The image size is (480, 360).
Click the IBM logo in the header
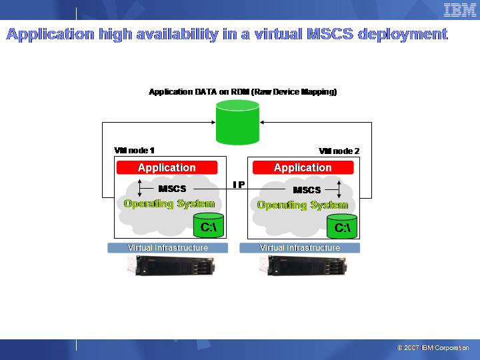pyautogui.click(x=460, y=11)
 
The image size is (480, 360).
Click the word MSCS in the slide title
pyautogui.click(x=330, y=34)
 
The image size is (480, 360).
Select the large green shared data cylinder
pyautogui.click(x=237, y=122)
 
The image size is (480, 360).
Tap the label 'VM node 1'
pyautogui.click(x=134, y=150)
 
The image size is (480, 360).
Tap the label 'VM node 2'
pyautogui.click(x=339, y=151)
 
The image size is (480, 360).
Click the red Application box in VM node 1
pyautogui.click(x=167, y=167)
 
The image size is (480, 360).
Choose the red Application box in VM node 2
pyautogui.click(x=303, y=168)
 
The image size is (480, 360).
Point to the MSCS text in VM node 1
pyautogui.click(x=172, y=189)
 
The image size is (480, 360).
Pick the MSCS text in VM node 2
pyautogui.click(x=307, y=190)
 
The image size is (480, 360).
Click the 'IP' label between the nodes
pyautogui.click(x=239, y=185)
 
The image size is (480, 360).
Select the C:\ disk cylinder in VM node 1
pyautogui.click(x=209, y=225)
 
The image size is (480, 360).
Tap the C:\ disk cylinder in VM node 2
pyautogui.click(x=342, y=226)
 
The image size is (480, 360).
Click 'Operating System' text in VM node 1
pyautogui.click(x=169, y=203)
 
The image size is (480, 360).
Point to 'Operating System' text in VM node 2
pyautogui.click(x=303, y=205)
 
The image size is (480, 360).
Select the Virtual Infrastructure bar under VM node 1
pyautogui.click(x=167, y=247)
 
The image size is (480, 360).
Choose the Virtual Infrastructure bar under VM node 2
pyautogui.click(x=299, y=247)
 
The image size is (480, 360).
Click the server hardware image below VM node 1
pyautogui.click(x=171, y=265)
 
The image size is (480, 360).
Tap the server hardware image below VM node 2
pyautogui.click(x=303, y=265)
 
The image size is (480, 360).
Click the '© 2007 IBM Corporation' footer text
pyautogui.click(x=433, y=348)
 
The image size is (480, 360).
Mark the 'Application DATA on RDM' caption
pyautogui.click(x=243, y=92)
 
